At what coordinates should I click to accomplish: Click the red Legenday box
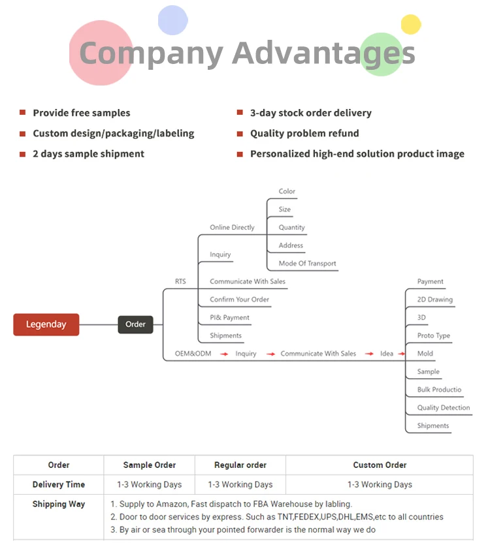point(46,324)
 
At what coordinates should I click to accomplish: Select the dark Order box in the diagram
point(135,324)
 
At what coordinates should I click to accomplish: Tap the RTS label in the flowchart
point(180,282)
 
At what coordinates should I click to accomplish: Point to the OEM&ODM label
point(193,354)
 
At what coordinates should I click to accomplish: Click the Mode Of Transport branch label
point(307,264)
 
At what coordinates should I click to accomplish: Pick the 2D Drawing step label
point(434,300)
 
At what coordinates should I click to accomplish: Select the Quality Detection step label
point(444,408)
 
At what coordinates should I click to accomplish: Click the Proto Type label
point(434,335)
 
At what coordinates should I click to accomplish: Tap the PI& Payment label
point(229,318)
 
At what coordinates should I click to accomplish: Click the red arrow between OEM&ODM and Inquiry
point(223,354)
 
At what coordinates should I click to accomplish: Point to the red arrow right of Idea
point(402,354)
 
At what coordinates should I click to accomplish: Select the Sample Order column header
point(150,465)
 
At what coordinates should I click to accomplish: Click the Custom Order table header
point(380,465)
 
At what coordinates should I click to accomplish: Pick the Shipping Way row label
point(59,504)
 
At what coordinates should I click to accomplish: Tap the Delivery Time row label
point(59,485)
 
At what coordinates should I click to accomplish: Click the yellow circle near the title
point(411,24)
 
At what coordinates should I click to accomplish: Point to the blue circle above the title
point(173,20)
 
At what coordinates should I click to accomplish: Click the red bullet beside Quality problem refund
point(240,133)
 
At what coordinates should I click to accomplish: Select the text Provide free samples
point(82,113)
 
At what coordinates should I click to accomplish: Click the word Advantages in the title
point(323,52)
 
